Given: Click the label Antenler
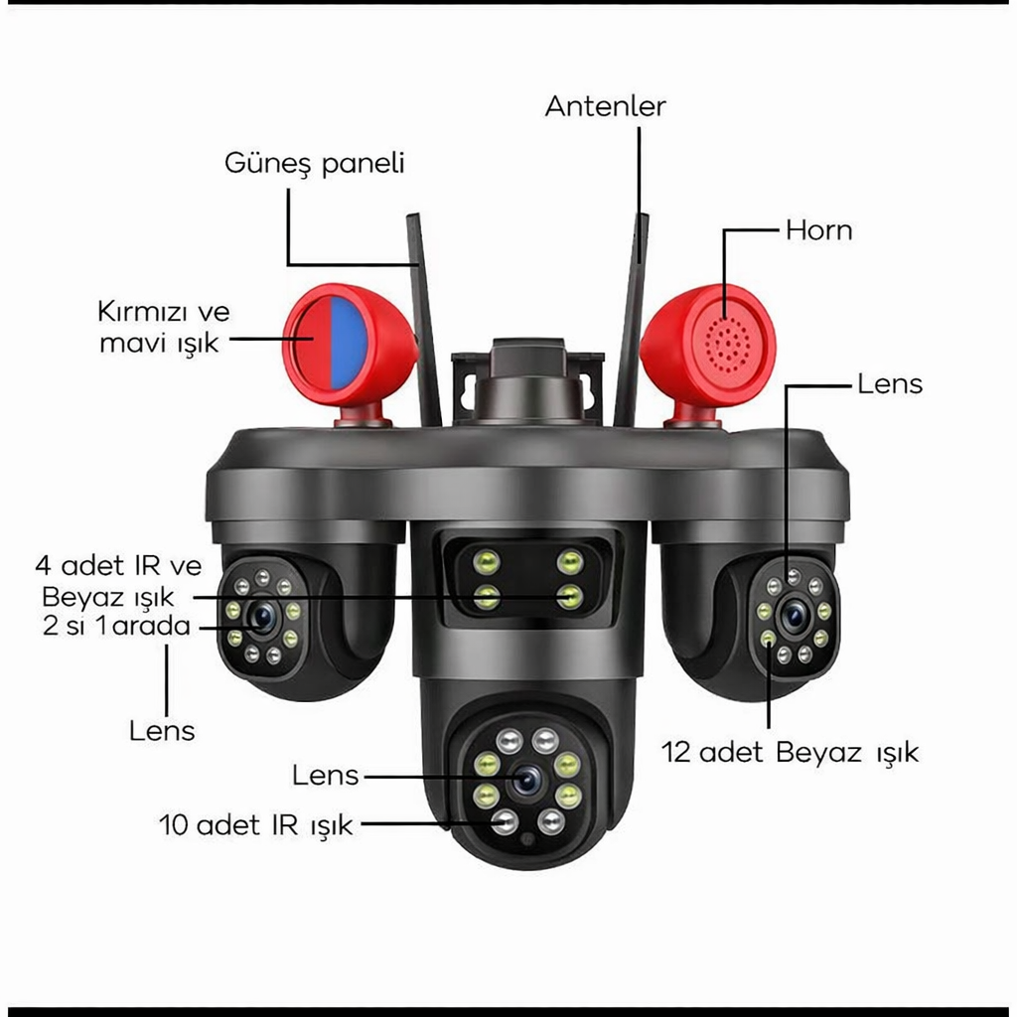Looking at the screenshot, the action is [x=605, y=106].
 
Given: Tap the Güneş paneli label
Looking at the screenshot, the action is [x=315, y=163].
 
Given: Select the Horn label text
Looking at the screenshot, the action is [x=818, y=230].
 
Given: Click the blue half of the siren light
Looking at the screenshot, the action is [x=349, y=343].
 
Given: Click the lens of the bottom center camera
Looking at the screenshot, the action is [x=526, y=781].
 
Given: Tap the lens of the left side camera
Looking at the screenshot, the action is [x=262, y=617].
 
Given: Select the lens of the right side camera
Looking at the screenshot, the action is [x=794, y=615].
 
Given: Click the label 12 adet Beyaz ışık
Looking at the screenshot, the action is [x=790, y=753].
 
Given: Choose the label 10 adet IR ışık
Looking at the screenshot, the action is [x=256, y=825].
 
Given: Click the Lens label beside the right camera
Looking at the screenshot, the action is [x=890, y=384].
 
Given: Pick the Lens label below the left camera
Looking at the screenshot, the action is [x=162, y=731].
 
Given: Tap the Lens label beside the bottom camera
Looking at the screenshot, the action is [x=325, y=775].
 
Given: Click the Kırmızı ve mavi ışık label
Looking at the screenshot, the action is [x=164, y=328].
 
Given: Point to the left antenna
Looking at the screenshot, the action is [x=424, y=320].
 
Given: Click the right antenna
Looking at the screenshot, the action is [x=631, y=320].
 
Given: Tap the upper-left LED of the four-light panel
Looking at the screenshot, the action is [x=486, y=562].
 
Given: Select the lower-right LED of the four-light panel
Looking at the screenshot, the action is [x=569, y=596].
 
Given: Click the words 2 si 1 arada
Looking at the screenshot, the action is [x=117, y=626].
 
